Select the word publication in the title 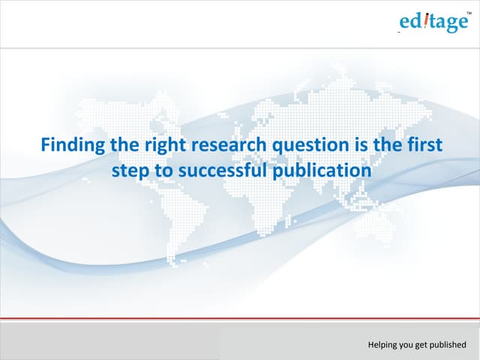[324, 170]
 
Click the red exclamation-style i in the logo [424, 22]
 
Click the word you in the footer [407, 346]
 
